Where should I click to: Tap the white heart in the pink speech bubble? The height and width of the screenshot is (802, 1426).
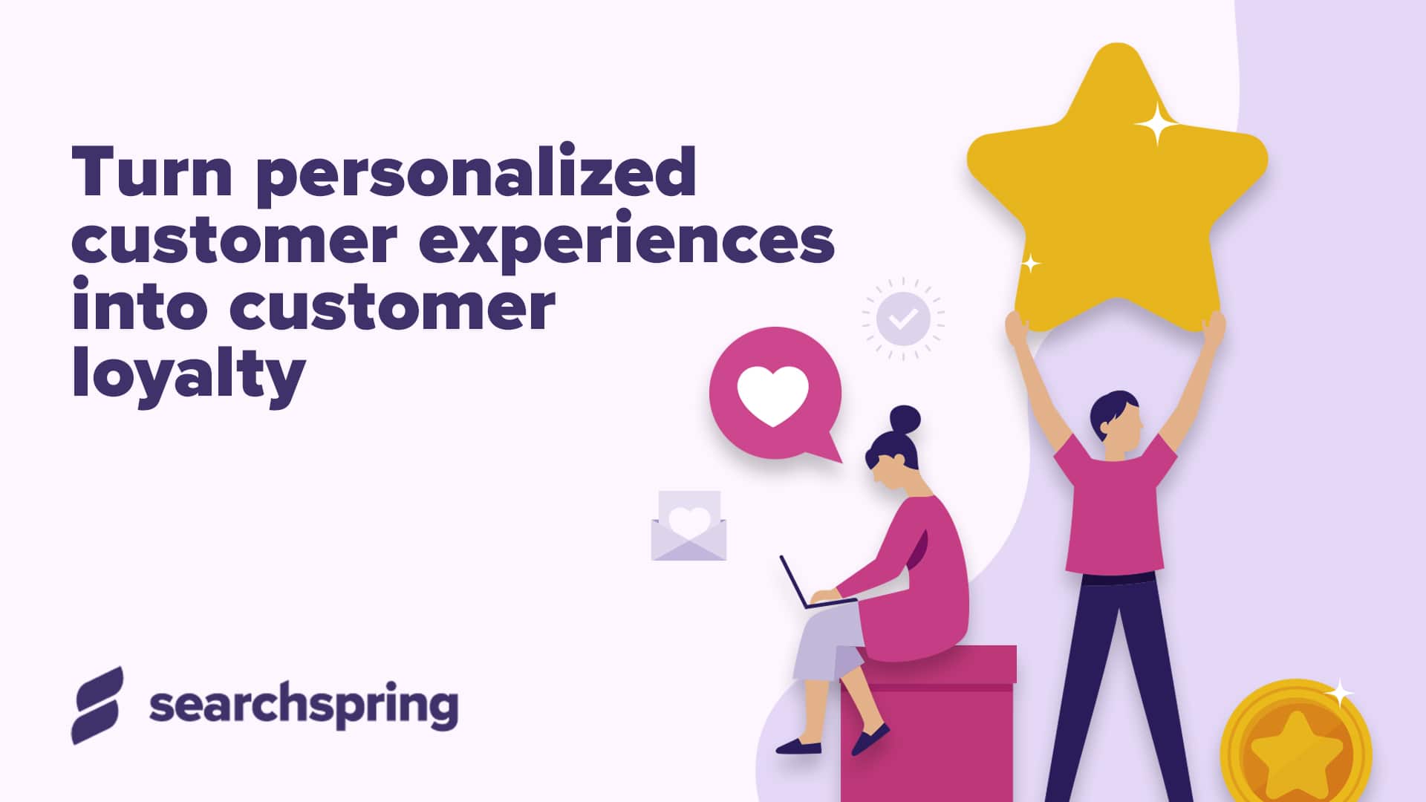(x=772, y=395)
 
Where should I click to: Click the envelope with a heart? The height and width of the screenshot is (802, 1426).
(x=688, y=526)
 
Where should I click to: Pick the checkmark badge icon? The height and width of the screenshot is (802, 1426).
(x=903, y=319)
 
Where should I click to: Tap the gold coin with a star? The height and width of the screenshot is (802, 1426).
(x=1296, y=750)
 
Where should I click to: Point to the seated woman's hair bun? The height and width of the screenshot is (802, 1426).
(x=905, y=420)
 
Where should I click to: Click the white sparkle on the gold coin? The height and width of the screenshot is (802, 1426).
(x=1340, y=694)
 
